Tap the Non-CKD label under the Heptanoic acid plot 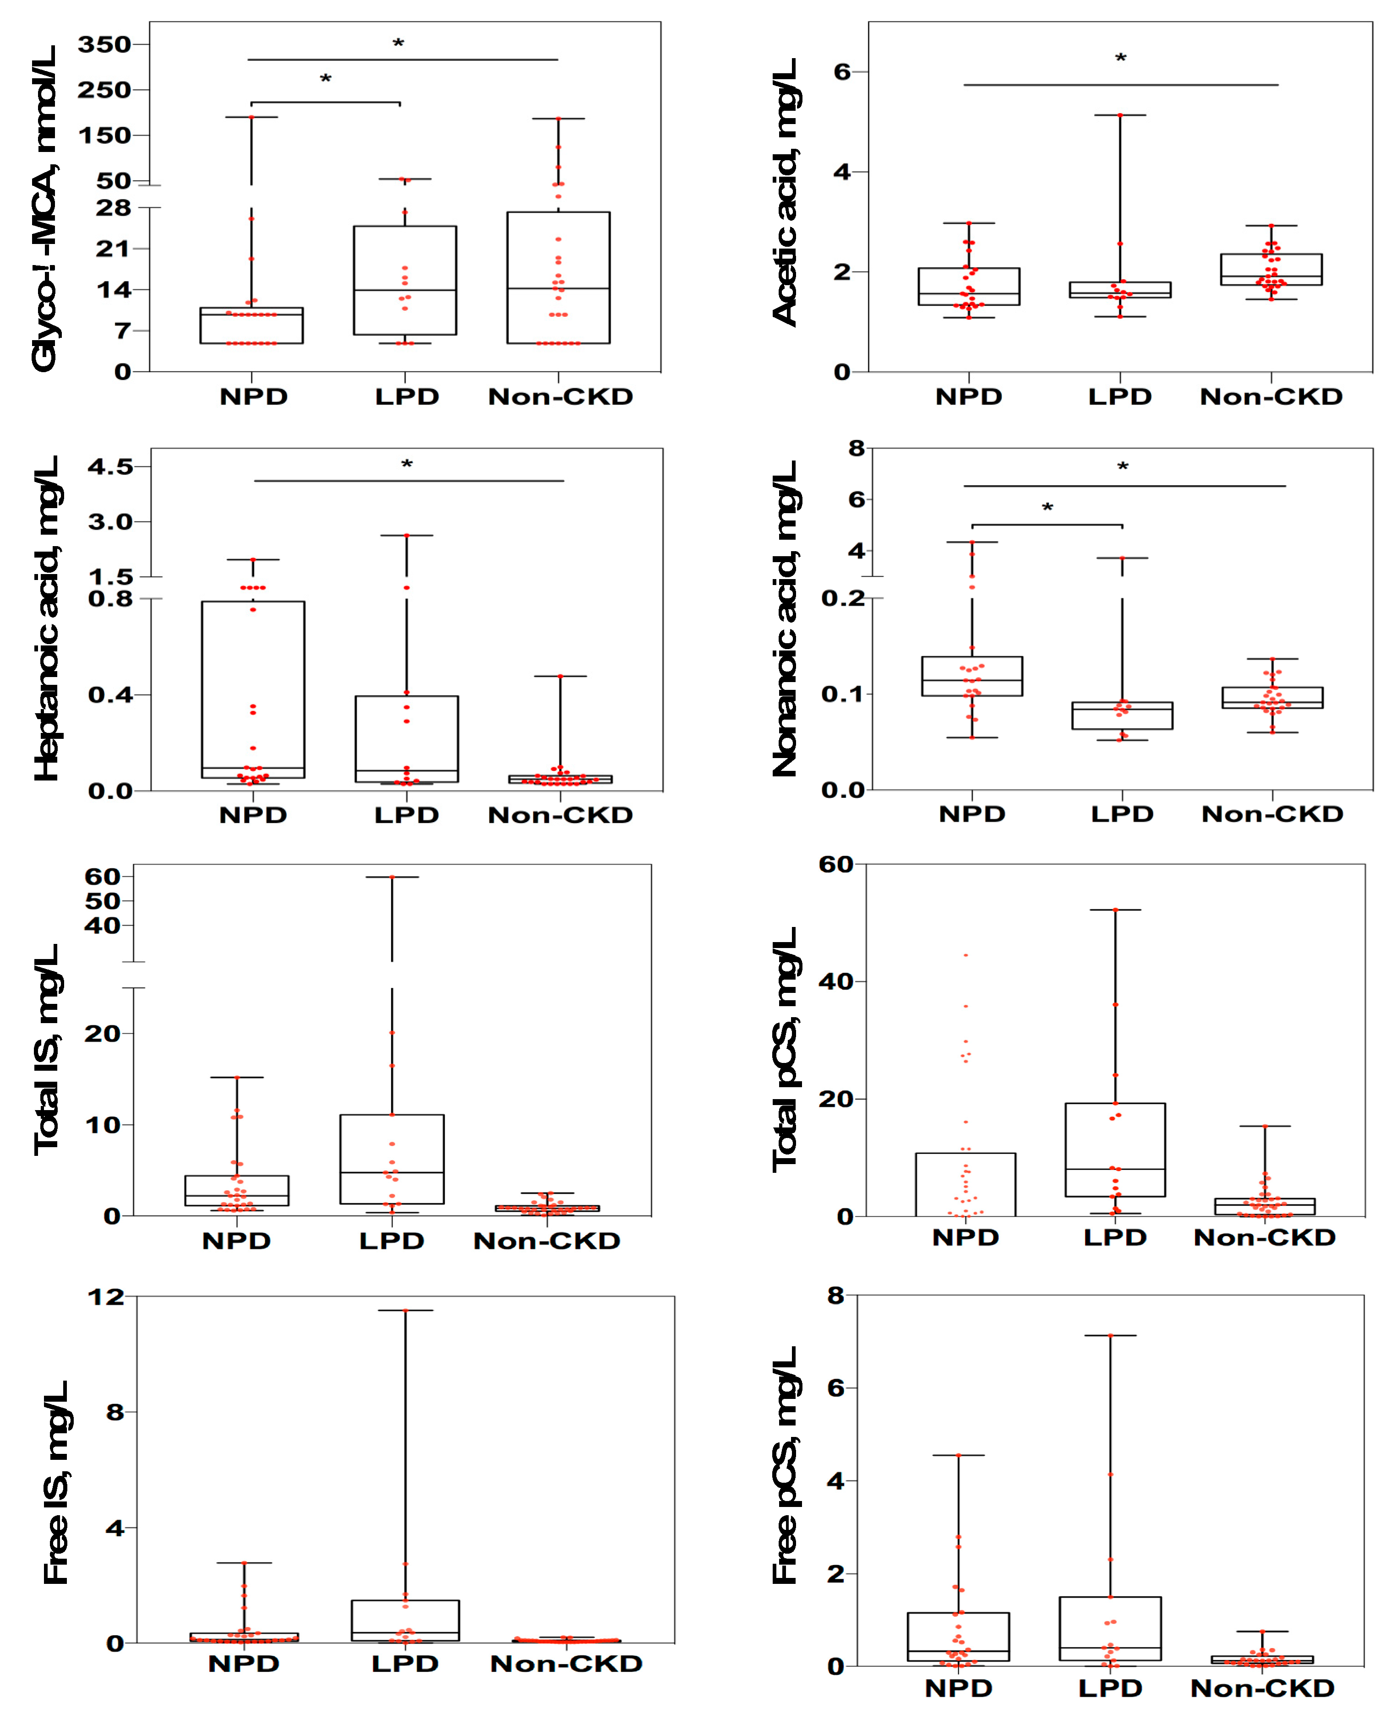coord(561,815)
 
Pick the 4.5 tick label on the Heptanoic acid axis coord(110,467)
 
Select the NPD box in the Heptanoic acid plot coord(253,689)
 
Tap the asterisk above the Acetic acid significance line coord(1120,58)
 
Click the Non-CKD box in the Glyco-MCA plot coord(558,278)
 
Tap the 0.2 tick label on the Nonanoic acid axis coord(843,598)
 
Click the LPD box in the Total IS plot coord(392,1159)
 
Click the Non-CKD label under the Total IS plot coord(547,1241)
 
